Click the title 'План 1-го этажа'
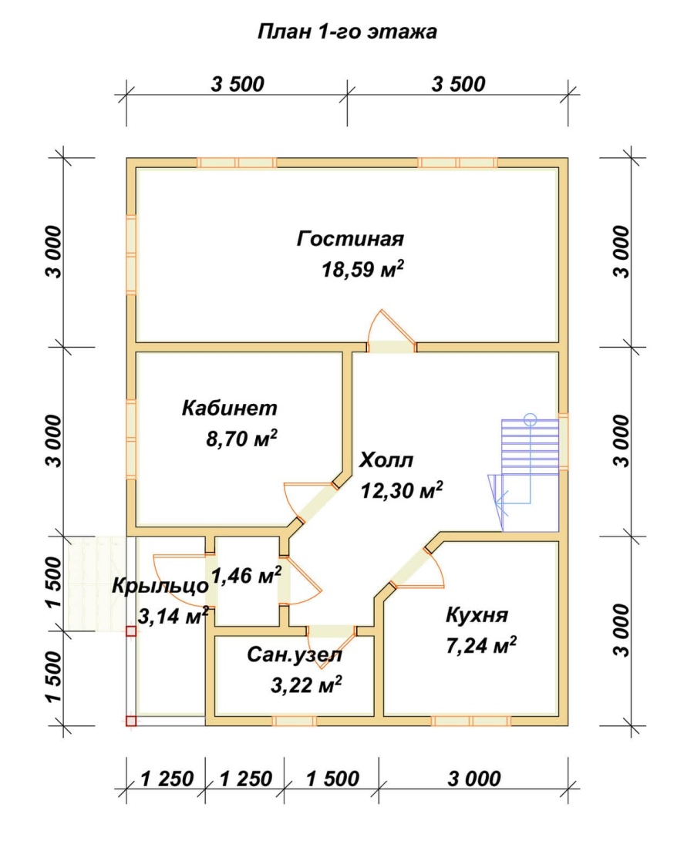(x=347, y=32)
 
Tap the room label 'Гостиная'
(x=350, y=239)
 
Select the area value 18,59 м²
(x=362, y=269)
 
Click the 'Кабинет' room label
(x=229, y=408)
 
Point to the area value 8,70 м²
(x=241, y=438)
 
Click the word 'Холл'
(x=386, y=460)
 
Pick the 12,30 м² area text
(x=402, y=490)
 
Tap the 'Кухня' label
(x=477, y=615)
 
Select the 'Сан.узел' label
(x=295, y=655)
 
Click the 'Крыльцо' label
(x=160, y=586)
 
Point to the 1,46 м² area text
(x=246, y=575)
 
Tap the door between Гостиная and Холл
(x=391, y=331)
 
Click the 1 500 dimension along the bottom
(x=332, y=779)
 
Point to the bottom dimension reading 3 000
(x=474, y=779)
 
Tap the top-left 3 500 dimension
(x=238, y=84)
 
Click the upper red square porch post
(x=131, y=631)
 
